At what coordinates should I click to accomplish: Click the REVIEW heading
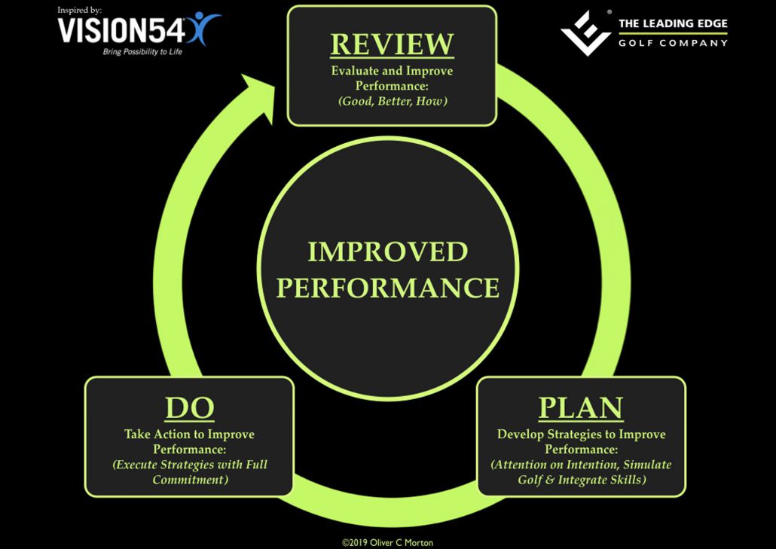(392, 44)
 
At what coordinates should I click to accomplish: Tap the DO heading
(190, 408)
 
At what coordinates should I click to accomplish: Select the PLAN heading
(581, 408)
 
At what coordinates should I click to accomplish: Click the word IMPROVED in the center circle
(387, 252)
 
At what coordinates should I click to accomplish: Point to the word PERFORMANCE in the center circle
(387, 288)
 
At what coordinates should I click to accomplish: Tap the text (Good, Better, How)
(392, 100)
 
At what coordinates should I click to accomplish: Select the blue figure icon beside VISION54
(205, 27)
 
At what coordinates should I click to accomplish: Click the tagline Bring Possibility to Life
(142, 52)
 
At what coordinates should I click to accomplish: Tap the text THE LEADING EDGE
(673, 24)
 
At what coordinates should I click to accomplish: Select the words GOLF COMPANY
(673, 43)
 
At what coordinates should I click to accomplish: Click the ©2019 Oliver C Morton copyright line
(387, 541)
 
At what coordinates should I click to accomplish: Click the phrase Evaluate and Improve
(392, 71)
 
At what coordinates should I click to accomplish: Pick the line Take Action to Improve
(189, 435)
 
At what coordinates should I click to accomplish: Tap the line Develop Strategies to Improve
(581, 435)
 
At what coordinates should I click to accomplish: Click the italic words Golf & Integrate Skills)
(581, 480)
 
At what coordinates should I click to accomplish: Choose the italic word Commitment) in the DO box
(190, 480)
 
